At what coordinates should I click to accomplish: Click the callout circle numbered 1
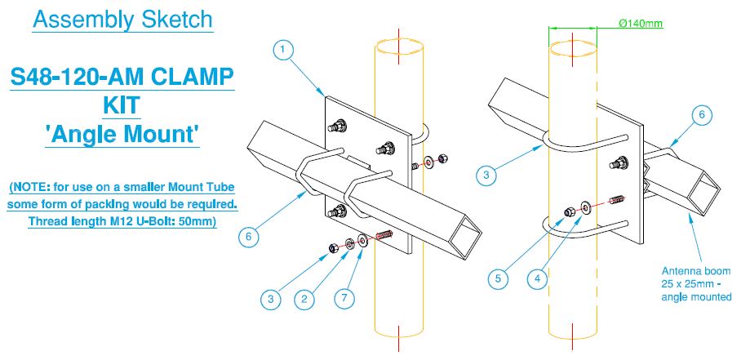(x=282, y=51)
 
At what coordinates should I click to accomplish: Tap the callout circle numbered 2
(x=304, y=299)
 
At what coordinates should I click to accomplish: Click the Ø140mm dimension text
(x=641, y=24)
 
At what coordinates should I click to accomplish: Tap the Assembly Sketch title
(x=122, y=19)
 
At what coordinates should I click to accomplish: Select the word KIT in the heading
(x=122, y=106)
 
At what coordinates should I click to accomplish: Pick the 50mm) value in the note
(x=196, y=221)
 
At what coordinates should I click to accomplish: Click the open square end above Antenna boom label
(x=703, y=193)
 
